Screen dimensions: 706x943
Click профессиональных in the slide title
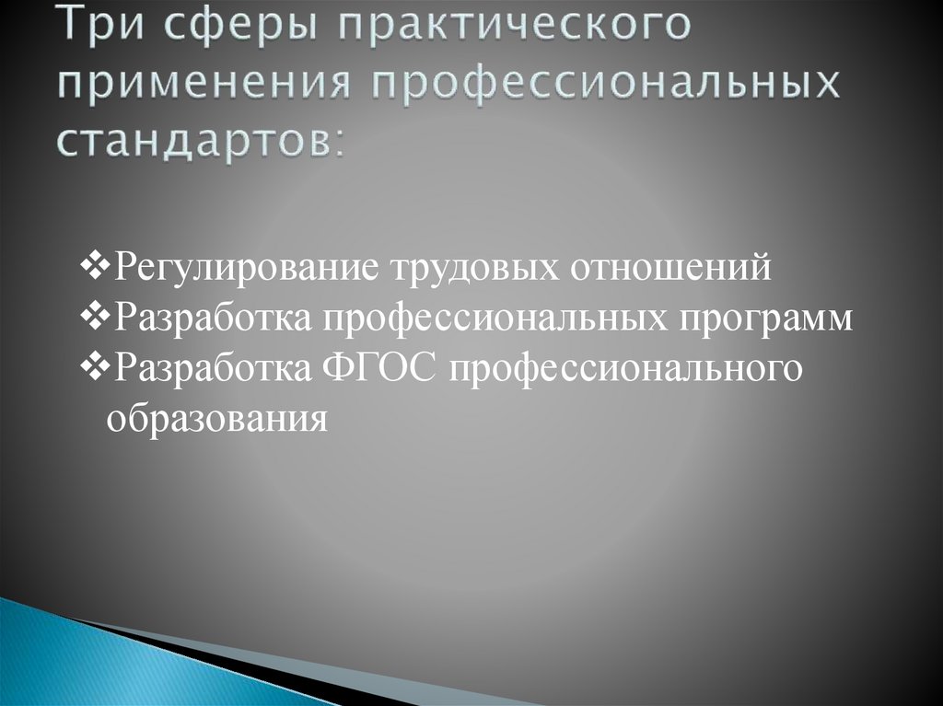[x=605, y=87]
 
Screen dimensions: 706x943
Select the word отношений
[x=670, y=269]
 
